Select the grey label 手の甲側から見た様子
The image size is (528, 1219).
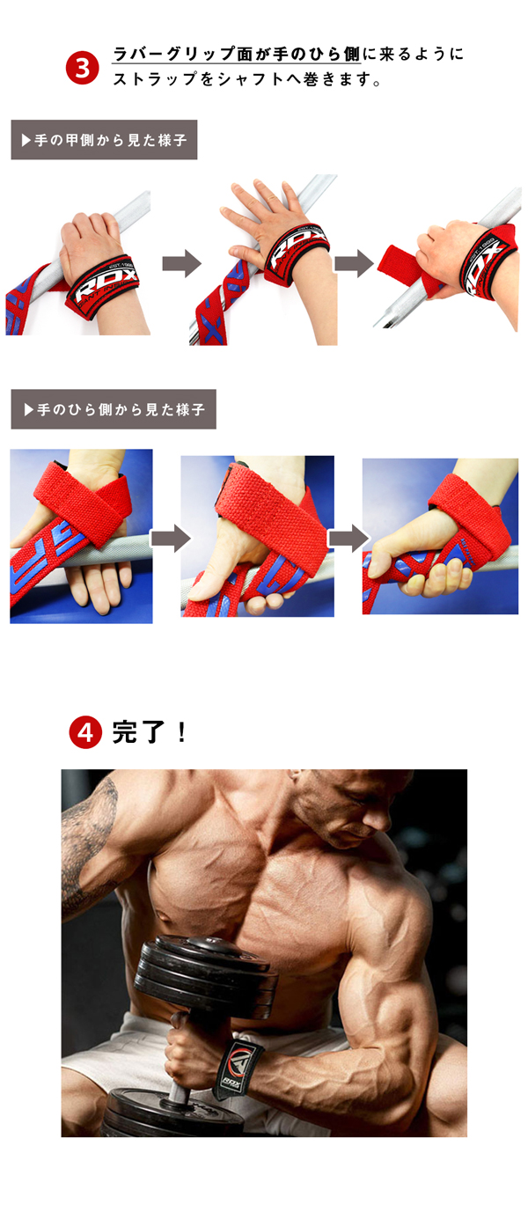pyautogui.click(x=104, y=140)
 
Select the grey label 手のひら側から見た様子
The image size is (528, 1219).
pyautogui.click(x=114, y=410)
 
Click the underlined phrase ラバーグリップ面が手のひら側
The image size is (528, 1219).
pyautogui.click(x=237, y=55)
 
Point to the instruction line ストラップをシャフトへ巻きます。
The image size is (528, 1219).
pyautogui.click(x=246, y=79)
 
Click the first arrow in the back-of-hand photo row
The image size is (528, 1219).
pyautogui.click(x=181, y=263)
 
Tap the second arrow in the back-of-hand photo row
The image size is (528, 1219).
pyautogui.click(x=354, y=263)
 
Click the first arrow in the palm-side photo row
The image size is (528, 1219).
pyautogui.click(x=170, y=537)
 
